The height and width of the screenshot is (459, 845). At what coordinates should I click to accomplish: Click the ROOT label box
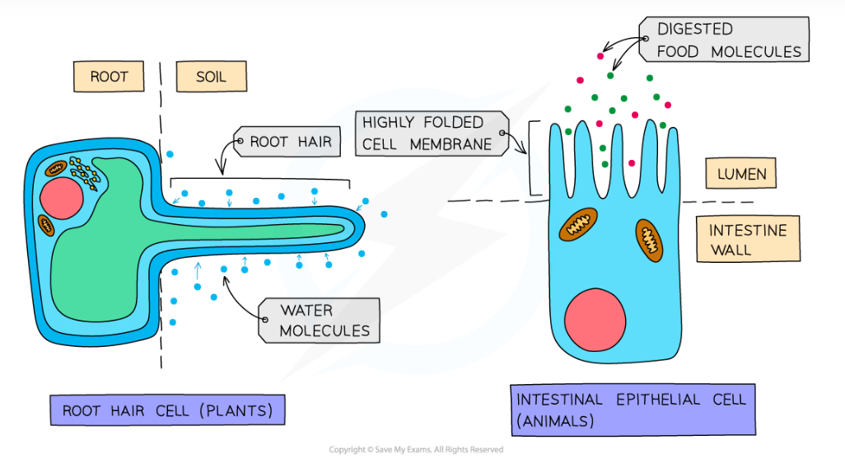(x=109, y=77)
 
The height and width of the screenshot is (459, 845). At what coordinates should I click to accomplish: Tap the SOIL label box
(x=211, y=77)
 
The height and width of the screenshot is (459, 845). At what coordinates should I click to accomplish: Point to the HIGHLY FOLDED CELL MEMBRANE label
(x=429, y=133)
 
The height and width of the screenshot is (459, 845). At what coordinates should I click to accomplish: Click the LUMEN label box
(x=742, y=174)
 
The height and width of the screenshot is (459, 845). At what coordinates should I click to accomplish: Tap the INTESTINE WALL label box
(x=748, y=239)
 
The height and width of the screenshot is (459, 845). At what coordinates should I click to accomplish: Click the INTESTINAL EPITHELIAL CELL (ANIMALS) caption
(x=631, y=410)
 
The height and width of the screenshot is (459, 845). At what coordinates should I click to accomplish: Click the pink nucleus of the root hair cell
(x=60, y=197)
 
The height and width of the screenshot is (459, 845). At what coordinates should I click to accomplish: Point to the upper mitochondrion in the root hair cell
(x=56, y=168)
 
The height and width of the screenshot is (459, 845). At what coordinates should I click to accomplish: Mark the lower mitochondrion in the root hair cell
(x=46, y=223)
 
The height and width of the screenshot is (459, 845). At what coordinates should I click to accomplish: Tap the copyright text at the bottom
(x=416, y=450)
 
